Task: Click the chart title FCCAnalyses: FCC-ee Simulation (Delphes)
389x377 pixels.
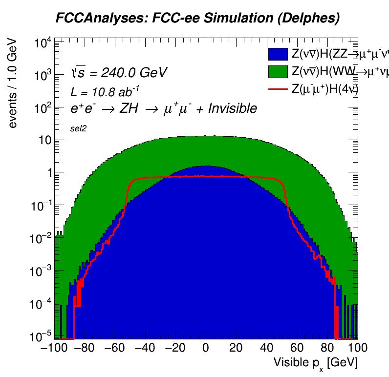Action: (197, 19)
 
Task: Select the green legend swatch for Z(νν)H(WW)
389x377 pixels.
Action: (278, 72)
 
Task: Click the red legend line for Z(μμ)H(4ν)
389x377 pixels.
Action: (278, 89)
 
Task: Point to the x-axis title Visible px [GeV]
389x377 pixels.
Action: (315, 363)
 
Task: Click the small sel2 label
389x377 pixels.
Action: (78, 128)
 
